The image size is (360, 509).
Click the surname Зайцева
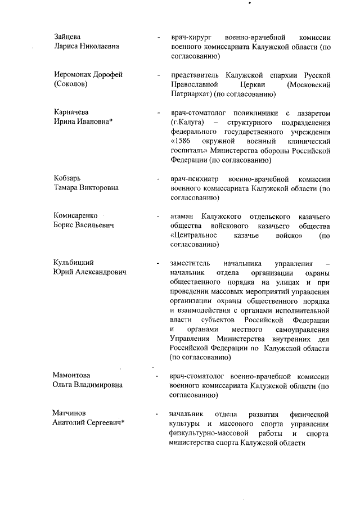pyautogui.click(x=65, y=36)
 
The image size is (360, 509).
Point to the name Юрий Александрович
pyautogui.click(x=89, y=272)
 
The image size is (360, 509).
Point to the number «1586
pyautogui.click(x=182, y=141)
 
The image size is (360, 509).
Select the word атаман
pyautogui.click(x=182, y=217)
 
